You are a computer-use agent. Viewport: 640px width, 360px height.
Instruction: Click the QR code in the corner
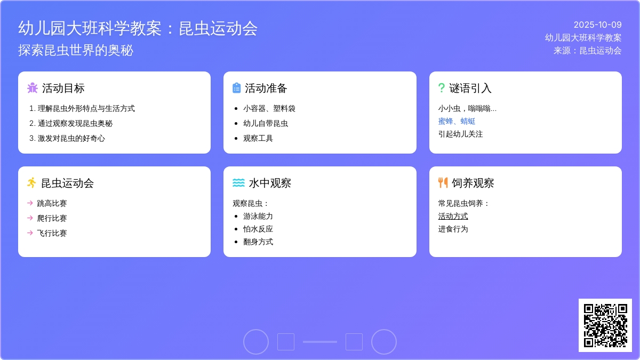tap(605, 325)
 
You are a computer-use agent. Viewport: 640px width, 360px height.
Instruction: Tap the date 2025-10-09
tap(597, 25)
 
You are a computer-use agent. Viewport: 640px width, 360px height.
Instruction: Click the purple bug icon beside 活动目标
tap(33, 88)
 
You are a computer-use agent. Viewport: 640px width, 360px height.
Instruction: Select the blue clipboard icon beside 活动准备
tap(237, 88)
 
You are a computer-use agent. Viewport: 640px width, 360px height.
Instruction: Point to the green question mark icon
tap(441, 88)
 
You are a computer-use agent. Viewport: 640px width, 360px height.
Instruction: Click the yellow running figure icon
tap(32, 183)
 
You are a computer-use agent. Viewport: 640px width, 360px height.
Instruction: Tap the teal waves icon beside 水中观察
tap(238, 183)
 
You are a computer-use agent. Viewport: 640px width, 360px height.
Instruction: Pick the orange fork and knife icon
tap(443, 183)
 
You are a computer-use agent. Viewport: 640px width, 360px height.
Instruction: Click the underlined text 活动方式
tap(453, 216)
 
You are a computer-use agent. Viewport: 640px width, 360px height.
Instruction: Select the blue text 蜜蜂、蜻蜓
tap(457, 121)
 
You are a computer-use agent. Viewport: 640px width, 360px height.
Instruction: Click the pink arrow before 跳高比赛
tap(30, 203)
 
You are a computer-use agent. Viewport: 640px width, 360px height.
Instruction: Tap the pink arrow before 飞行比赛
tap(30, 233)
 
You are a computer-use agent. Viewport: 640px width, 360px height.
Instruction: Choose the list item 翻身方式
tap(258, 242)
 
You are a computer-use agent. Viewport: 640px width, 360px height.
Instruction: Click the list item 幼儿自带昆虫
tap(266, 123)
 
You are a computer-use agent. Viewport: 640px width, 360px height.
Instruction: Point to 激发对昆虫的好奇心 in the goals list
tap(71, 138)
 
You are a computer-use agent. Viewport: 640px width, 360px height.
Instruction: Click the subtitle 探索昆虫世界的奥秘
tap(76, 50)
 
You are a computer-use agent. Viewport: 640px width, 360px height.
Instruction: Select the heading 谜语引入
tap(470, 88)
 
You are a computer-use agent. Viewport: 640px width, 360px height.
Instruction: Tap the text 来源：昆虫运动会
tap(587, 51)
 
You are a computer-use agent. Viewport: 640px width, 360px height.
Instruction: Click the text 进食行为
tap(453, 229)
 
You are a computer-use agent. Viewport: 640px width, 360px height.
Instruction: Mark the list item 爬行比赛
tap(52, 218)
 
